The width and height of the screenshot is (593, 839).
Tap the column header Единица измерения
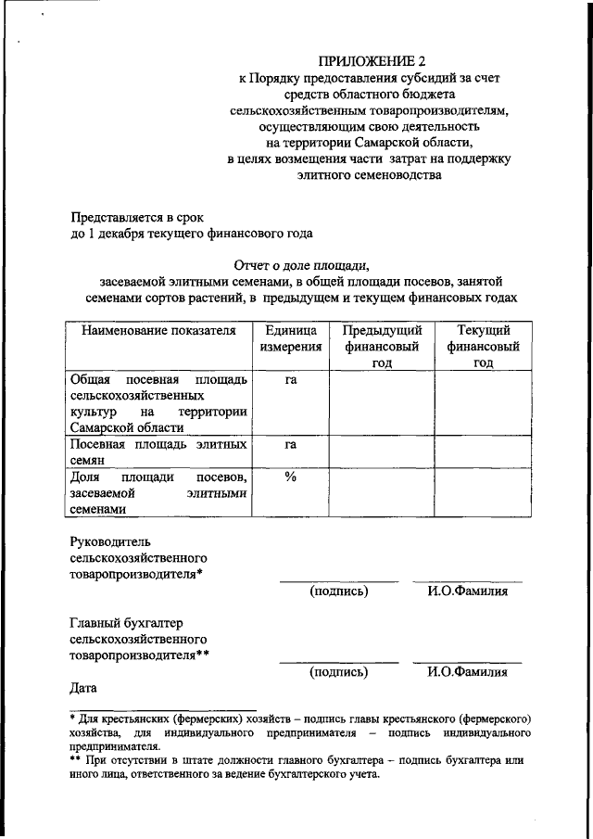pyautogui.click(x=290, y=338)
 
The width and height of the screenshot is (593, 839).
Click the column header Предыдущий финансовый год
pyautogui.click(x=382, y=347)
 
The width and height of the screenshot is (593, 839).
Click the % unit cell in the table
pyautogui.click(x=290, y=477)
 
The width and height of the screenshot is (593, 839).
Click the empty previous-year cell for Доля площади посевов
pyautogui.click(x=382, y=491)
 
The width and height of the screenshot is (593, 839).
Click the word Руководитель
pyautogui.click(x=109, y=541)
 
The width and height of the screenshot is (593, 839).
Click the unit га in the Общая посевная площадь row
pyautogui.click(x=290, y=380)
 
